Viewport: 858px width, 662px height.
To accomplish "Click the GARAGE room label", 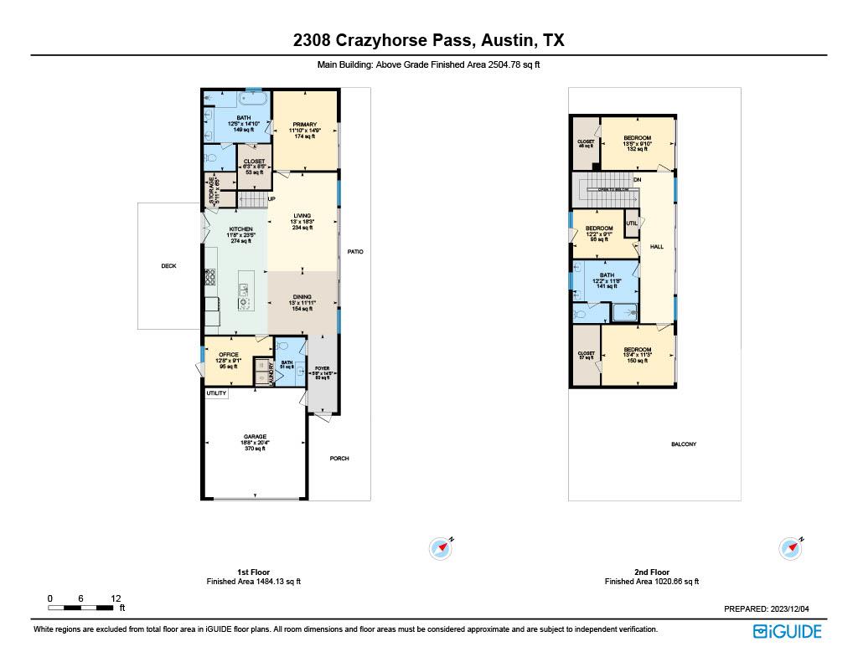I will tap(256, 437).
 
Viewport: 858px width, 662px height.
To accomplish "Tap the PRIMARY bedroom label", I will tap(304, 125).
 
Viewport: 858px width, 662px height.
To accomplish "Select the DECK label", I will tap(168, 266).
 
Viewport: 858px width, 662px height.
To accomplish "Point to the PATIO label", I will tap(355, 251).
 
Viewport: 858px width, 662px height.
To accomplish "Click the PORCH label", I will tap(339, 459).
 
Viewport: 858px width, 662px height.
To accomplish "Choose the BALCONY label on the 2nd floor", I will tap(684, 444).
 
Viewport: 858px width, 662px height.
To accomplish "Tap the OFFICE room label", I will tap(229, 355).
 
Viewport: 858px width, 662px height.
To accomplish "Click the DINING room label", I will tap(302, 297).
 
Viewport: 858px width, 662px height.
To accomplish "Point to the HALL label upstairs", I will tap(657, 247).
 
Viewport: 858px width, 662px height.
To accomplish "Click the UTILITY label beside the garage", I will tap(216, 393).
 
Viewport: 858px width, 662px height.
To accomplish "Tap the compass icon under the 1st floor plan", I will tap(441, 548).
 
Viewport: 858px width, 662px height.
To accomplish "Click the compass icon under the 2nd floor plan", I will tap(791, 548).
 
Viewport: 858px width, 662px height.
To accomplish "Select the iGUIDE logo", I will tap(787, 631).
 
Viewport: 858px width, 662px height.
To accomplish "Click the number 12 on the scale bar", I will tap(116, 598).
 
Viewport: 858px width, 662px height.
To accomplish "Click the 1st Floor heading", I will tap(253, 572).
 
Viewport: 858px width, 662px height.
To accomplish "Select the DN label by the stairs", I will tap(638, 180).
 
